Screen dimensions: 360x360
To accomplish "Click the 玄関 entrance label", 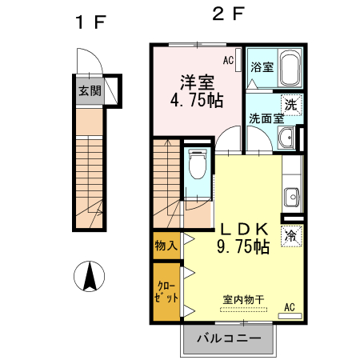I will (90, 90).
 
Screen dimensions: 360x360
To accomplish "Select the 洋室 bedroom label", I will (196, 82).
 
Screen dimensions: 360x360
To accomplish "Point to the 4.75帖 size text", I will (196, 102).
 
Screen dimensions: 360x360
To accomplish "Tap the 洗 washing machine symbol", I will (290, 103).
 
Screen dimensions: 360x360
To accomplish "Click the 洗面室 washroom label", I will (266, 118).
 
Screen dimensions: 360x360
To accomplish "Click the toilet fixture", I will (198, 166).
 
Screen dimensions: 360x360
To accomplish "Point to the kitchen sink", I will (292, 195).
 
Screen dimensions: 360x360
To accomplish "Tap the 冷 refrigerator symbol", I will (291, 235).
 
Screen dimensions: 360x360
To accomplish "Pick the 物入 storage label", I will (166, 246).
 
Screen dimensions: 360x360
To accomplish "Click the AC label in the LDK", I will (289, 306).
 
